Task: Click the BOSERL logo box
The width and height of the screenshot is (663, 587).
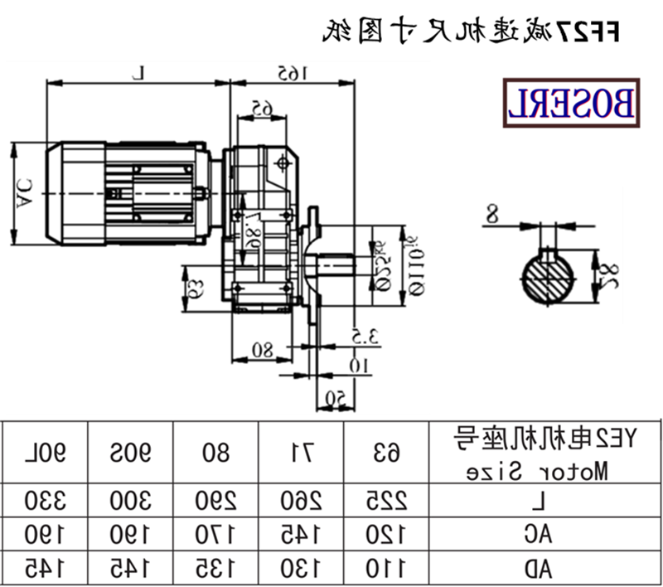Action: point(571,104)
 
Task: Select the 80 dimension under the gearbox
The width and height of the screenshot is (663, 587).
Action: point(262,350)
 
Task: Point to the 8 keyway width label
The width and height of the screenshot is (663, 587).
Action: point(491,216)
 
